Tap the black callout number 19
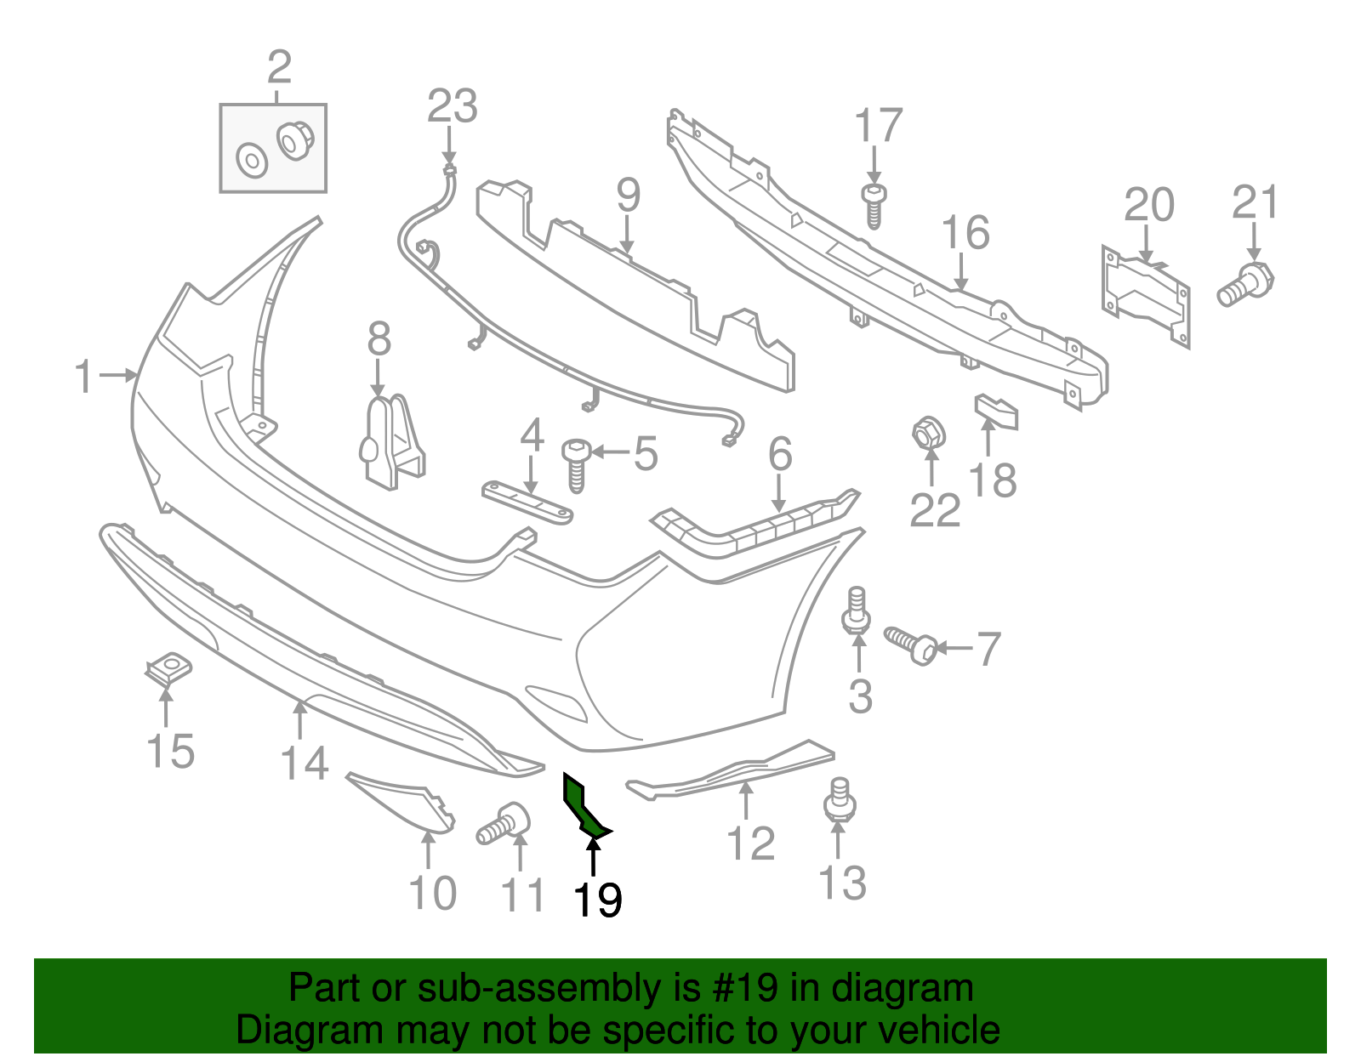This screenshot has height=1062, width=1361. (597, 900)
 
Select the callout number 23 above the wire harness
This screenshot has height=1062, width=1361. (452, 107)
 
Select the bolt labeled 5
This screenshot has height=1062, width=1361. (576, 463)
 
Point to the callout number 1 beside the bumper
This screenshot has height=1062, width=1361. (83, 376)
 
